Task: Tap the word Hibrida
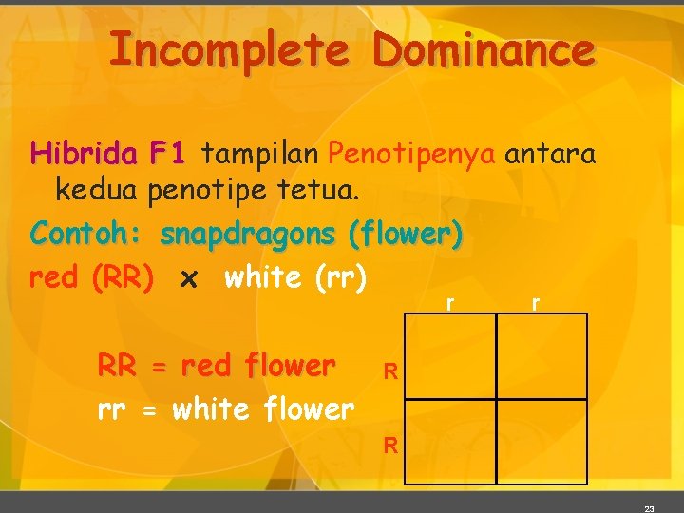[84, 153]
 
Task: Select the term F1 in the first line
[171, 153]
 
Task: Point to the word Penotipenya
[411, 153]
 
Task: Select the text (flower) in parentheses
[406, 234]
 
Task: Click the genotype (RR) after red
[123, 278]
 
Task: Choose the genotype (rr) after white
[332, 278]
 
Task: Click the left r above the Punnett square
[448, 302]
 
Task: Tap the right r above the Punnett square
[536, 302]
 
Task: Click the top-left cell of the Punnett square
[450, 355]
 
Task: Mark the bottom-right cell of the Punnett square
[541, 443]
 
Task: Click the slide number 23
[649, 508]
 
